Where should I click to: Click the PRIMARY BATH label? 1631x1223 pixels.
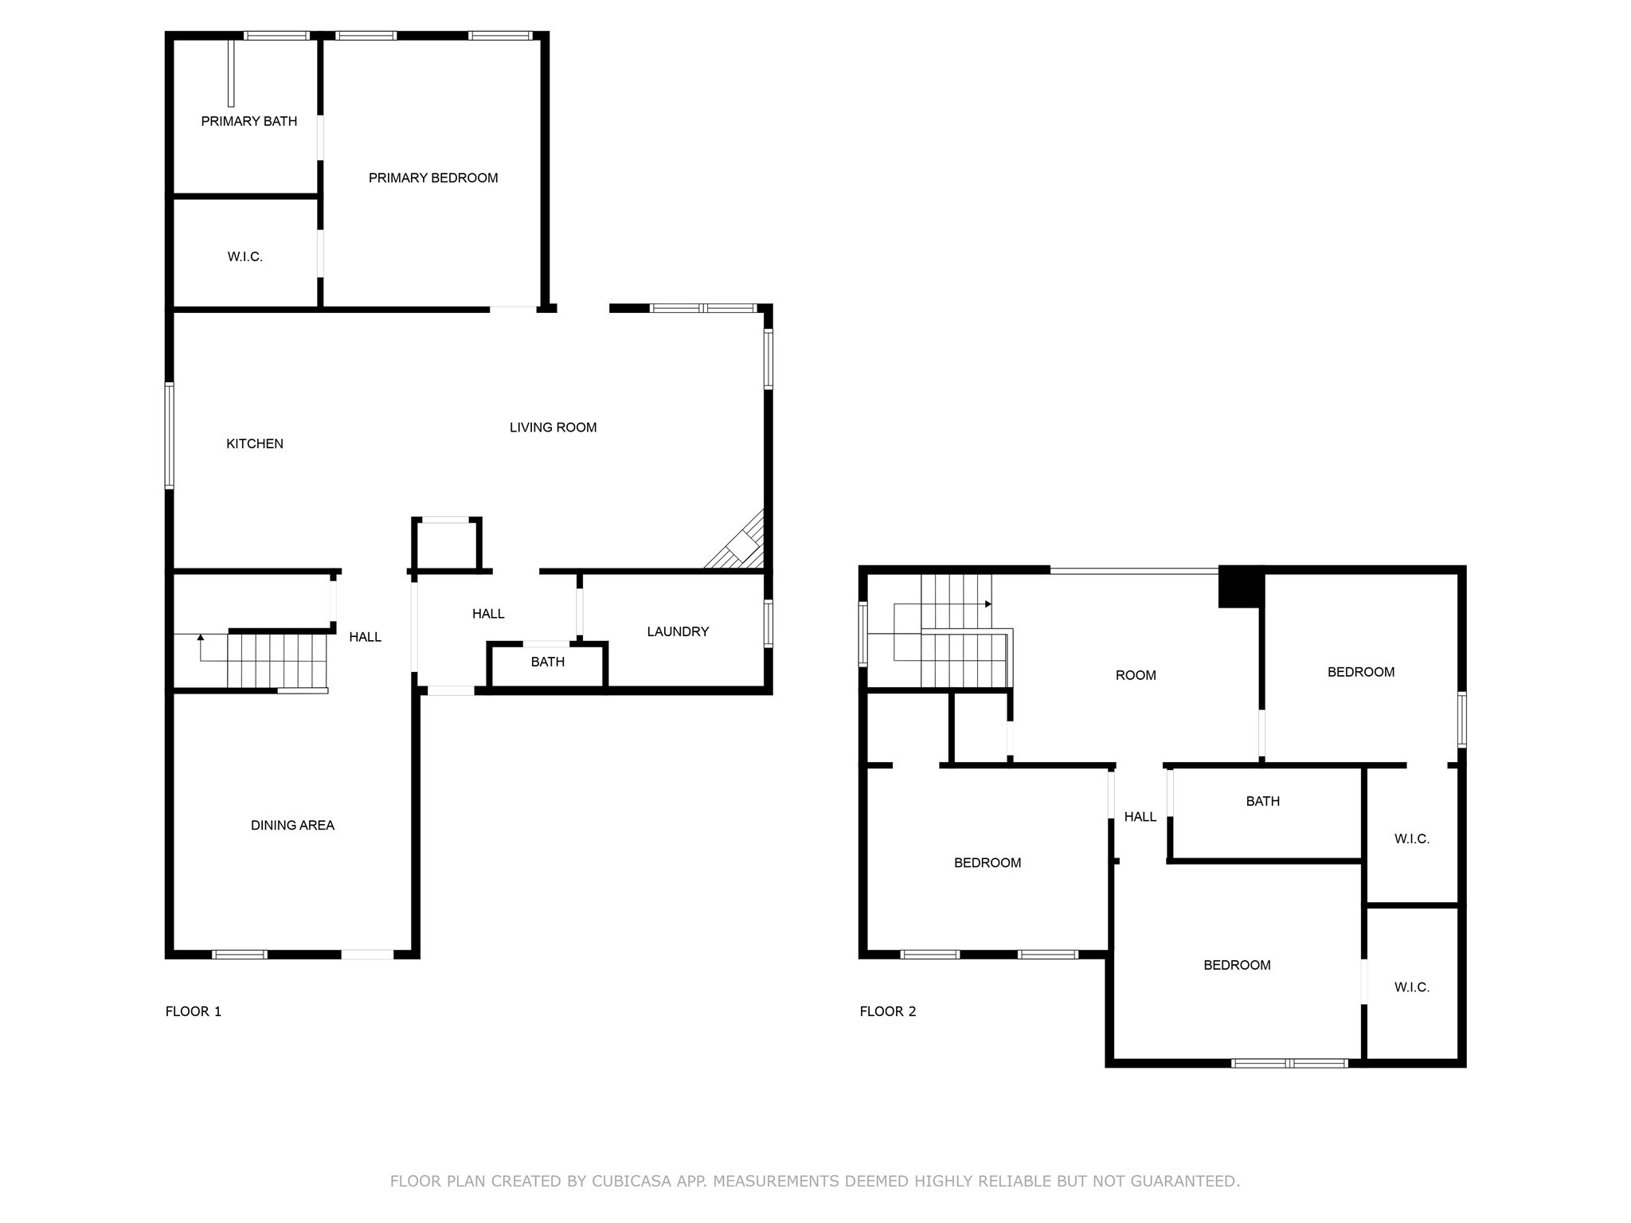pyautogui.click(x=248, y=121)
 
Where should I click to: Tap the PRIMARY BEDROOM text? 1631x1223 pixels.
pyautogui.click(x=433, y=178)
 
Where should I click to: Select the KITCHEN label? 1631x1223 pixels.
pyautogui.click(x=254, y=443)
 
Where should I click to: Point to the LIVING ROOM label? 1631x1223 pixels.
pyautogui.click(x=553, y=428)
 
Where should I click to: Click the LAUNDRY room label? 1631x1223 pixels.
pyautogui.click(x=677, y=631)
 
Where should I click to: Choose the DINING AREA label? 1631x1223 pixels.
pyautogui.click(x=292, y=825)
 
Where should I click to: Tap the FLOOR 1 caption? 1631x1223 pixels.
pyautogui.click(x=193, y=1011)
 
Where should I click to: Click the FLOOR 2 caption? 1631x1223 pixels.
pyautogui.click(x=887, y=1011)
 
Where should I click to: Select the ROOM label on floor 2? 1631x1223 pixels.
pyautogui.click(x=1135, y=675)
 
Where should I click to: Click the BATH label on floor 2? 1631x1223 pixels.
pyautogui.click(x=1262, y=801)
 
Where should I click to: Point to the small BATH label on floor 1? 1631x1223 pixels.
pyautogui.click(x=547, y=662)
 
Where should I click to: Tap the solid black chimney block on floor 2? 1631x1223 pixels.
pyautogui.click(x=1241, y=588)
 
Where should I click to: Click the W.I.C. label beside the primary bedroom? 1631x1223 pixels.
pyautogui.click(x=244, y=256)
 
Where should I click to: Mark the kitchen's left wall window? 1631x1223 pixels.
pyautogui.click(x=169, y=435)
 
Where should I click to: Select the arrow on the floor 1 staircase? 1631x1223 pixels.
pyautogui.click(x=200, y=638)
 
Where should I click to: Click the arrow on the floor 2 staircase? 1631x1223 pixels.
pyautogui.click(x=988, y=604)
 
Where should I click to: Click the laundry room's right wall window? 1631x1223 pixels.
pyautogui.click(x=768, y=623)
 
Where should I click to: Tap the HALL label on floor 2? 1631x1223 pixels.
pyautogui.click(x=1140, y=816)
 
